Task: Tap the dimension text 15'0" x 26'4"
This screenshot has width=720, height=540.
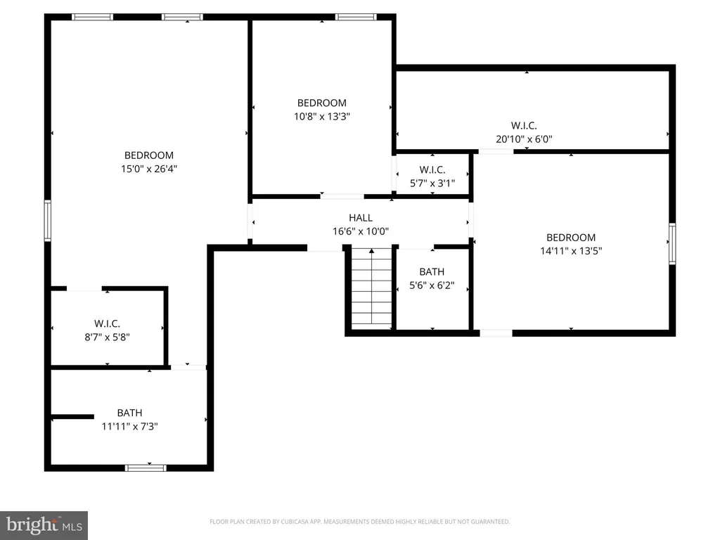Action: pyautogui.click(x=148, y=169)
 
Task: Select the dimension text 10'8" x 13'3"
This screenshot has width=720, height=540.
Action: pyautogui.click(x=321, y=117)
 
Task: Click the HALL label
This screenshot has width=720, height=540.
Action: pyautogui.click(x=360, y=218)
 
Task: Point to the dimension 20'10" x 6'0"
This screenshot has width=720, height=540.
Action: pyautogui.click(x=524, y=139)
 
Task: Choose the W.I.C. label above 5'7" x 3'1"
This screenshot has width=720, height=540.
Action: pyautogui.click(x=432, y=169)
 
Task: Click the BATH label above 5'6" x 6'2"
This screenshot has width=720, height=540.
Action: pyautogui.click(x=432, y=271)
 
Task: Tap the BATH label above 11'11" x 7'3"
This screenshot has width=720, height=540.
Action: pyautogui.click(x=129, y=413)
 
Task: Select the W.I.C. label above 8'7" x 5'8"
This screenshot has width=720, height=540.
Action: pyautogui.click(x=107, y=323)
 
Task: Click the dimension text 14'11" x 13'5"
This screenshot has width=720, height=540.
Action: pyautogui.click(x=570, y=251)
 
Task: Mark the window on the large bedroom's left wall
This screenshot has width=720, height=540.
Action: pyautogui.click(x=48, y=220)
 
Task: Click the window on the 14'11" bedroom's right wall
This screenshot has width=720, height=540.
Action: pyautogui.click(x=672, y=244)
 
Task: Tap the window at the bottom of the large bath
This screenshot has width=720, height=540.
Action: pyautogui.click(x=146, y=468)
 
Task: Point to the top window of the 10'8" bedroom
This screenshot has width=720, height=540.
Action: pyautogui.click(x=356, y=17)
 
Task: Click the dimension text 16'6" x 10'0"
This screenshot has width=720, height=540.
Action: pyautogui.click(x=360, y=231)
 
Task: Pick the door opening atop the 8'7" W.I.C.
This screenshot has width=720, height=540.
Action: pyautogui.click(x=84, y=288)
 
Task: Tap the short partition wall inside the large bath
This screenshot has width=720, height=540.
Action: pyautogui.click(x=72, y=417)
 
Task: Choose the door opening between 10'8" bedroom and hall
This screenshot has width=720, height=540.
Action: pyautogui.click(x=342, y=196)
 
